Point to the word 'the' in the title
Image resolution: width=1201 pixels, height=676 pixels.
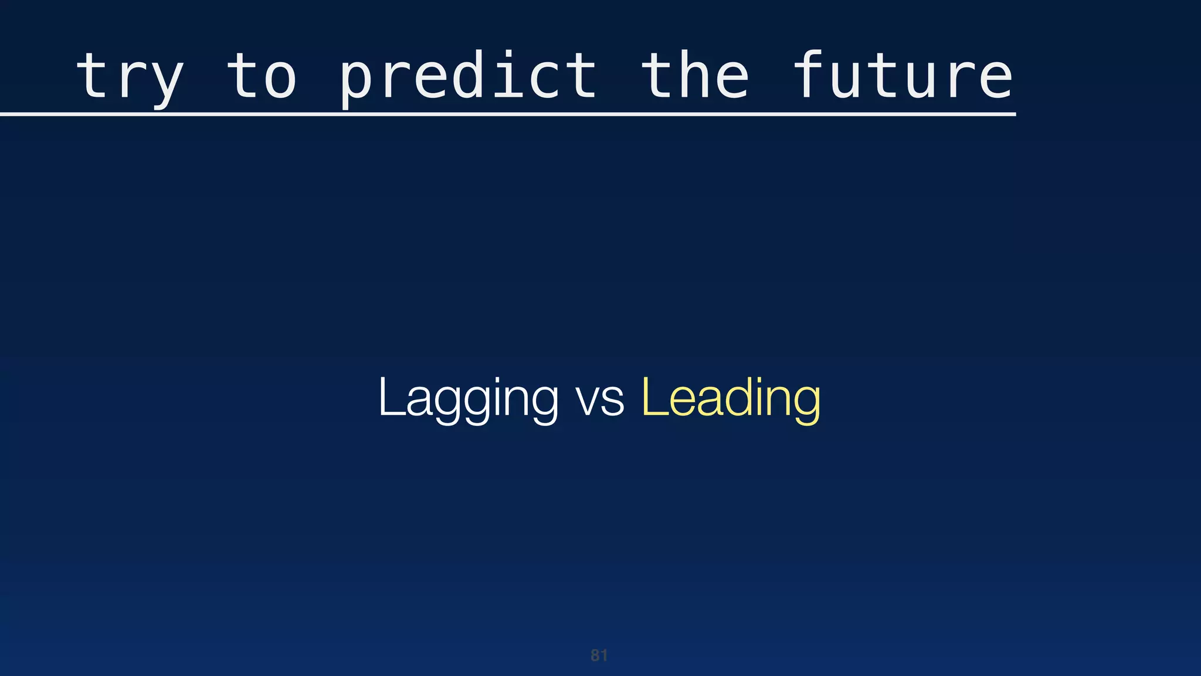695,76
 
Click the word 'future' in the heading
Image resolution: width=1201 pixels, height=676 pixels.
903,76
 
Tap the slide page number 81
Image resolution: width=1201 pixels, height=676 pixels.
599,655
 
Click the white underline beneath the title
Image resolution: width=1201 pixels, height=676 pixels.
508,114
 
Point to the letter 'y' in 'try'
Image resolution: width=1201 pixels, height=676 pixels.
167,82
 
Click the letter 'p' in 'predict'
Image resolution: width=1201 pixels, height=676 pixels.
356,82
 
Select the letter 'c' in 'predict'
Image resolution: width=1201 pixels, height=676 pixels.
544,79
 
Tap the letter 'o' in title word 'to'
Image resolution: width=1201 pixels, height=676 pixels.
280,79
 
